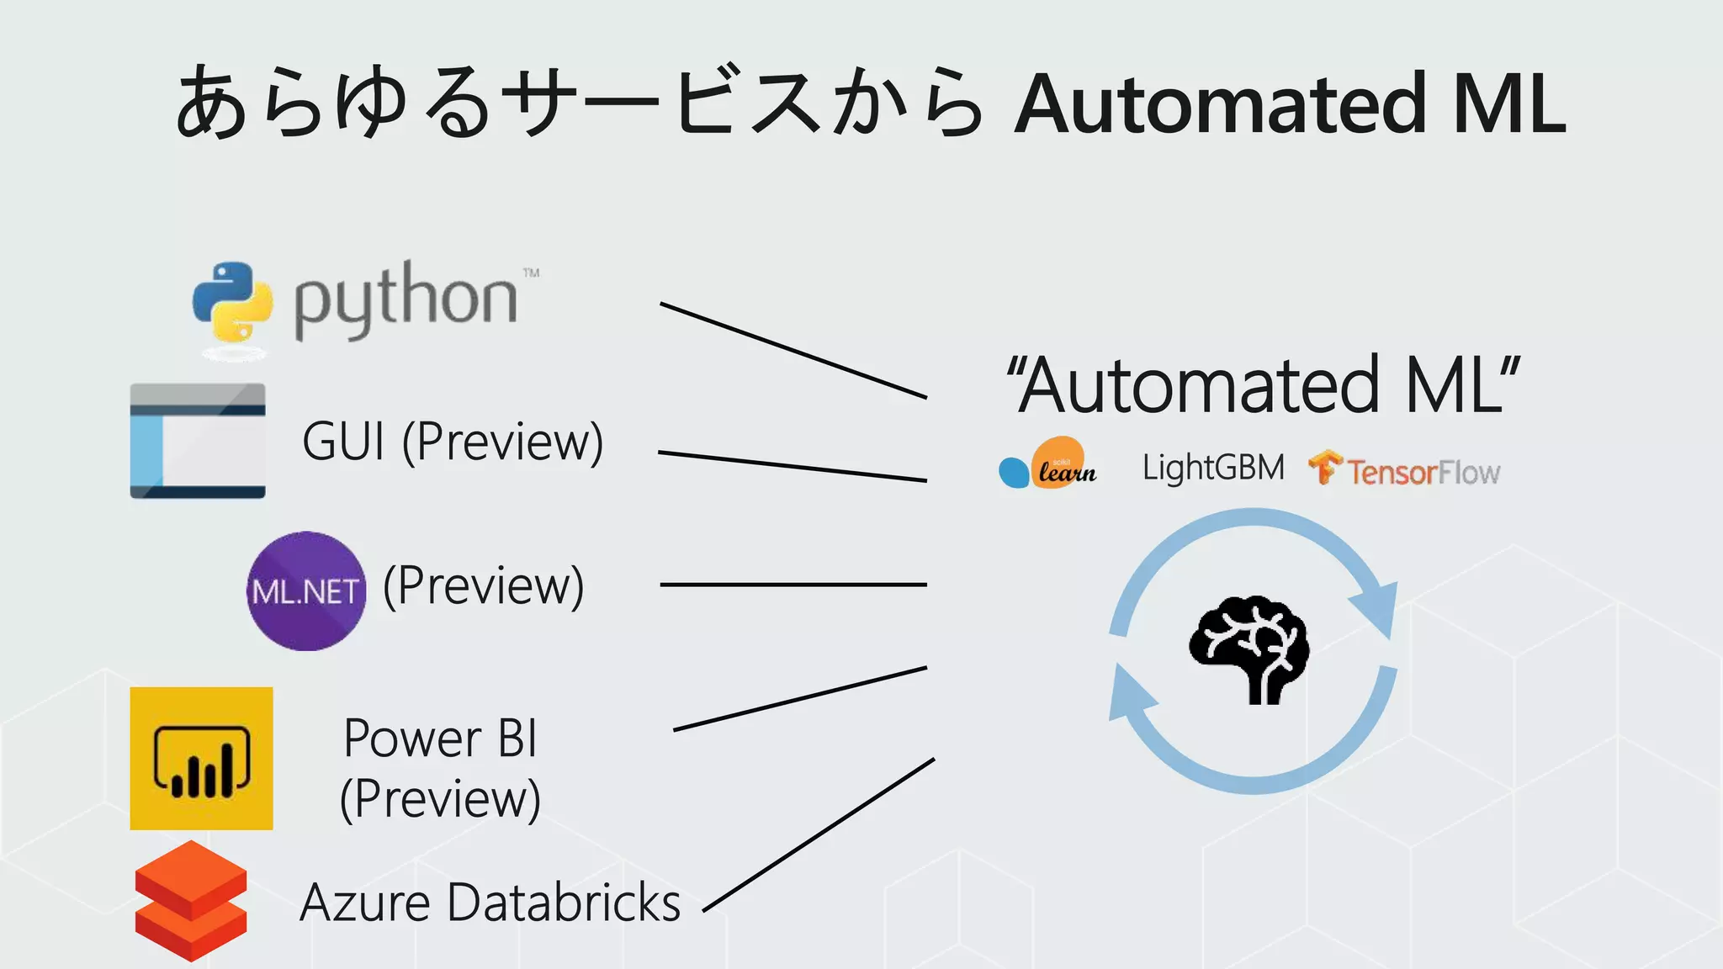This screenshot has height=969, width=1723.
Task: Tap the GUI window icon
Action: [198, 441]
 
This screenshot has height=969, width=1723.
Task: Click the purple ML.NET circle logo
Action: [306, 590]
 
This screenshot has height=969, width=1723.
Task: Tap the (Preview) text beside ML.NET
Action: [484, 585]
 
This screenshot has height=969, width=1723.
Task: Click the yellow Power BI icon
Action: [201, 759]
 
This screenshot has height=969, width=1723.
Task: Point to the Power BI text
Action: [440, 739]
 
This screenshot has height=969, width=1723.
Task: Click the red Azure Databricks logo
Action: [191, 901]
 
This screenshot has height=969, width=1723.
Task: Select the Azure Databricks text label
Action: [490, 903]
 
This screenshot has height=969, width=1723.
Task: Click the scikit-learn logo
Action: [1048, 463]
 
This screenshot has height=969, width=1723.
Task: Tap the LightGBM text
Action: [1213, 468]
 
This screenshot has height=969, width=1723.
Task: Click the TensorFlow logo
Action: [1404, 469]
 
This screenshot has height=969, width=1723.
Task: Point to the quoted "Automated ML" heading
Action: [1264, 385]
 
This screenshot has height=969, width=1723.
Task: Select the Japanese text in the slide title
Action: [581, 103]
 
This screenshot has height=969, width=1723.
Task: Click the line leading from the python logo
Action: [793, 350]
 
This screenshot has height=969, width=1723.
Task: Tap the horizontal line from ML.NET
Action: [793, 585]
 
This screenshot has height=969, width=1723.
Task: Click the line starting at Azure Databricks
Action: [818, 835]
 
